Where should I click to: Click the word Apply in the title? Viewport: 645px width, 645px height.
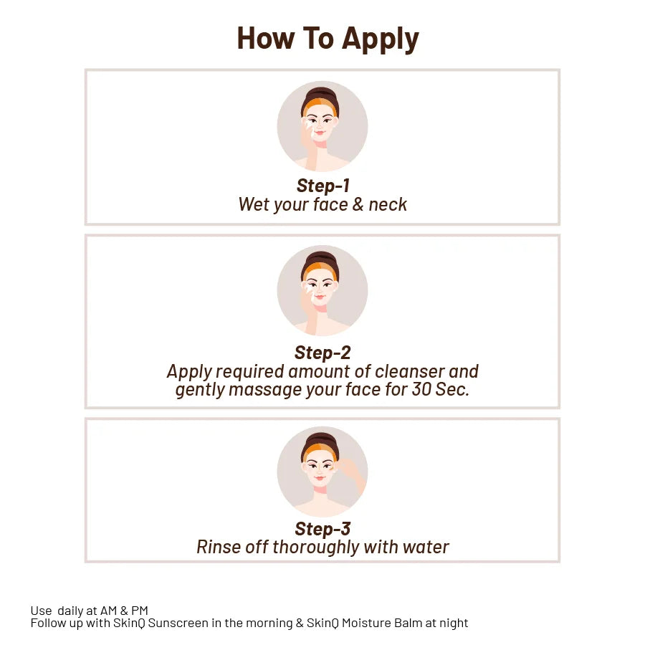click(x=380, y=39)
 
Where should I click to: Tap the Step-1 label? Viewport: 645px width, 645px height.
click(x=322, y=186)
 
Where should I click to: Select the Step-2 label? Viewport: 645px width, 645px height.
click(x=322, y=353)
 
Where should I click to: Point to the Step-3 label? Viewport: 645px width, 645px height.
click(x=322, y=529)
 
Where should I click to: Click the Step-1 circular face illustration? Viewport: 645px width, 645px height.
click(x=322, y=126)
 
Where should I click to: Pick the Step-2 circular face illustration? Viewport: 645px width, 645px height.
click(x=322, y=291)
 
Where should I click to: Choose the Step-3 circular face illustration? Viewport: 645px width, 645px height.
click(x=322, y=472)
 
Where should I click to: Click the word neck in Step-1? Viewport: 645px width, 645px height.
click(x=388, y=204)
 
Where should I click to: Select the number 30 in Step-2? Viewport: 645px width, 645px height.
click(x=421, y=390)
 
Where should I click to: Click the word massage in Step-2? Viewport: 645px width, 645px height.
click(x=264, y=390)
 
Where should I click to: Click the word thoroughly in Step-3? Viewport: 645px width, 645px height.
click(x=317, y=548)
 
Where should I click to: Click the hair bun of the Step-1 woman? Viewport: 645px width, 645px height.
click(x=322, y=94)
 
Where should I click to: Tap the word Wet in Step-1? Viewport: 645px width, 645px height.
click(x=254, y=204)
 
